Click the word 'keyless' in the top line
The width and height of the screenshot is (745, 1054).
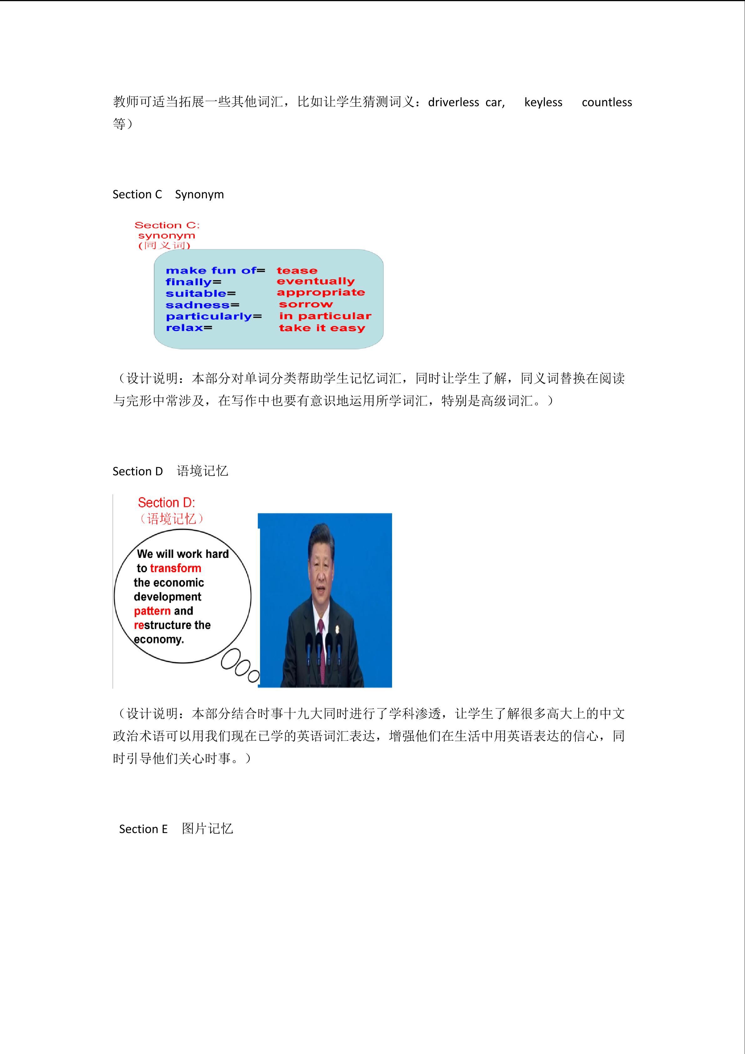pos(543,102)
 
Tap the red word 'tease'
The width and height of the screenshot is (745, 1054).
pos(297,271)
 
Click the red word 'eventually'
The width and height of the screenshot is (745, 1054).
pos(316,281)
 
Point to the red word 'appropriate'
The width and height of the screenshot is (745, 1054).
pos(321,292)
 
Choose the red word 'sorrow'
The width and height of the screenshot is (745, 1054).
pos(305,304)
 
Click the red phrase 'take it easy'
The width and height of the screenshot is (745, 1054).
pos(322,328)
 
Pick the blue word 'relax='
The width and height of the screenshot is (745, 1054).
pos(189,328)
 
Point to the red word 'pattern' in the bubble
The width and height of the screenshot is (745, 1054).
pos(152,611)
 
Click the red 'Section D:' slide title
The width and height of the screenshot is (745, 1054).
pos(166,503)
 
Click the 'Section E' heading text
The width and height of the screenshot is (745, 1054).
pos(143,829)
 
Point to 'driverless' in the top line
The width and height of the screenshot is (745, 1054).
pos(453,102)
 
